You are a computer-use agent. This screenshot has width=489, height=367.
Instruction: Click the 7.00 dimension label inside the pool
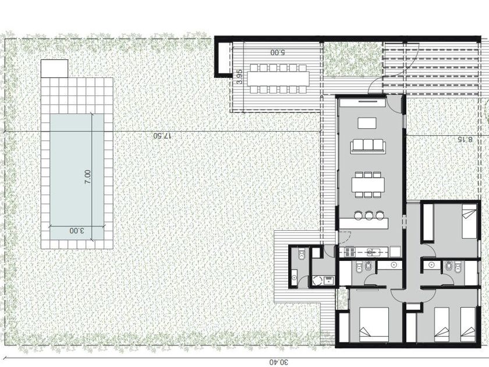(x=88, y=177)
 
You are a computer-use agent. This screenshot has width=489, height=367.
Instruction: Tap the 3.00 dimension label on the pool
(x=76, y=231)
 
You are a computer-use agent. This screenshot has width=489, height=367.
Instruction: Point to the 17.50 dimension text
(x=162, y=136)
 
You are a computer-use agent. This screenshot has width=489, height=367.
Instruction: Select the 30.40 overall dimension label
(x=279, y=362)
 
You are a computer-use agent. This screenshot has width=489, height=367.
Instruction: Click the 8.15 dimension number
(x=465, y=139)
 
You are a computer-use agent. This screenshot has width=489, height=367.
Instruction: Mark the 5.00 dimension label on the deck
(x=278, y=52)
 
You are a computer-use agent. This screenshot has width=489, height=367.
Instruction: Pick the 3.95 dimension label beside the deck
(x=239, y=76)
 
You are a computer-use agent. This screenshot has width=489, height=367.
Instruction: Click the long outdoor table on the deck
(x=278, y=78)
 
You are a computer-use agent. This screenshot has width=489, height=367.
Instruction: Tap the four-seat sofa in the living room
(x=368, y=146)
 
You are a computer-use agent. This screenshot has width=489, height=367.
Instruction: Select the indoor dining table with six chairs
(x=368, y=185)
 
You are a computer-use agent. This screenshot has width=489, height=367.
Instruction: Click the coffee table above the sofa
(x=367, y=123)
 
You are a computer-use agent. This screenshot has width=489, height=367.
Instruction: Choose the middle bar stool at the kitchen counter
(x=368, y=215)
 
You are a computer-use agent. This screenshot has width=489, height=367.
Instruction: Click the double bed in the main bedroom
(x=374, y=324)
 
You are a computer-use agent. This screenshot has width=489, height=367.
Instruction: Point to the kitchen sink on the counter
(x=371, y=252)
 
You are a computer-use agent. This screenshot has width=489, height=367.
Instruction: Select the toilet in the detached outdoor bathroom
(x=302, y=255)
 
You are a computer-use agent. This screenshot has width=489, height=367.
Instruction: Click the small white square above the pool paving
(x=54, y=69)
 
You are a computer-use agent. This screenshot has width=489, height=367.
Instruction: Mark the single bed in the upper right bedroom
(x=469, y=221)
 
